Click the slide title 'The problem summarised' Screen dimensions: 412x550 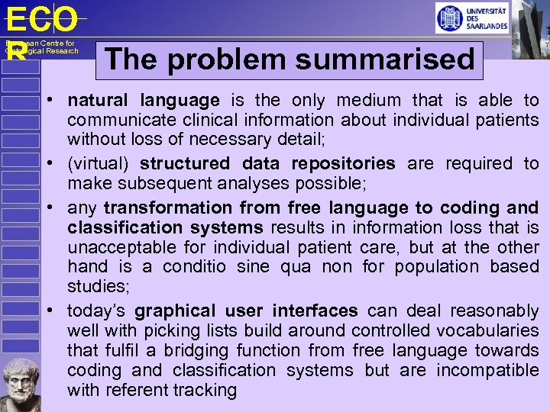[x=290, y=60]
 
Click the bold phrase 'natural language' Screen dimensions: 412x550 [x=144, y=101]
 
